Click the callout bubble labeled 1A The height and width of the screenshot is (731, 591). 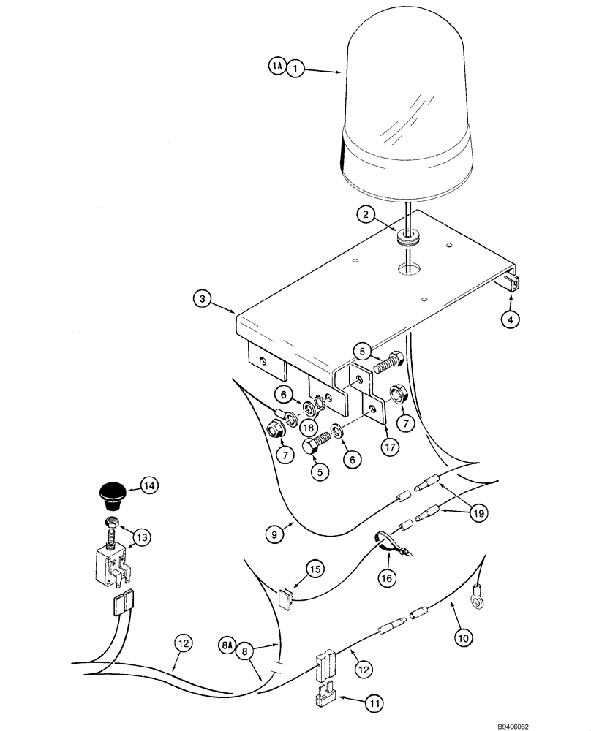(276, 67)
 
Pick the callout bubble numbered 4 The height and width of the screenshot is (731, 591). (511, 319)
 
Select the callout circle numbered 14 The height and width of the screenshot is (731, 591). (148, 485)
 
